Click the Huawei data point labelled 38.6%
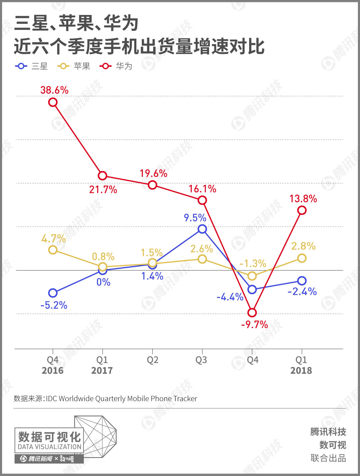(x=53, y=102)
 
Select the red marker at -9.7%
(x=252, y=313)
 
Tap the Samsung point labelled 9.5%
(x=202, y=229)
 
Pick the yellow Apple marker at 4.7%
(x=53, y=250)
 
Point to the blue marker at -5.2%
(x=53, y=293)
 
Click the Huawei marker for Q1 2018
(x=302, y=210)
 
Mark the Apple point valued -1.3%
(x=252, y=276)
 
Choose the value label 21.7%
(x=103, y=190)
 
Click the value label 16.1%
(x=202, y=189)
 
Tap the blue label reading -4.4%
(x=230, y=297)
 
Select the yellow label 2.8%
(x=303, y=246)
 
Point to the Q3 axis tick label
(x=201, y=360)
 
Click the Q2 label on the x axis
(x=153, y=360)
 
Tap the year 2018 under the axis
(x=301, y=371)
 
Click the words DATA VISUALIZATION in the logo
(x=49, y=447)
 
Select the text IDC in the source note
(x=51, y=399)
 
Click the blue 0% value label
(x=103, y=282)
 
